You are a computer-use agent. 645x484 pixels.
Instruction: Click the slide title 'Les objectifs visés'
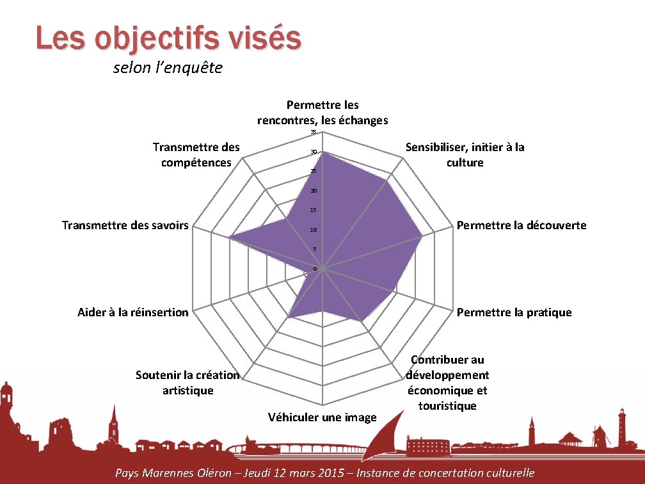point(168,38)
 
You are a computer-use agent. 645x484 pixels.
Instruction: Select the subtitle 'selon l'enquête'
point(168,68)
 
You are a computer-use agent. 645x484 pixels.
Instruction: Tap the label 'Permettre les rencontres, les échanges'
point(322,113)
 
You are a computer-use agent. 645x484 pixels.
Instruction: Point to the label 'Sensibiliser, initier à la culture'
point(465,155)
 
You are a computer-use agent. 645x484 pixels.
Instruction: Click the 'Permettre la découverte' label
point(522,225)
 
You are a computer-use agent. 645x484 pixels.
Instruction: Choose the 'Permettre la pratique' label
point(514,312)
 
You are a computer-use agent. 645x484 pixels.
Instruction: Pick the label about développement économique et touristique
point(448,383)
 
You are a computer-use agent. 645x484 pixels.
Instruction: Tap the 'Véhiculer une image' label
point(322,417)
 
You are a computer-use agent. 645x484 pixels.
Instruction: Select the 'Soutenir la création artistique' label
point(187,383)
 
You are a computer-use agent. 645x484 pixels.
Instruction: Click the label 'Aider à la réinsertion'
point(133,312)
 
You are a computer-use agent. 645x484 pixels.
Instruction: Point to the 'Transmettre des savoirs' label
point(125,225)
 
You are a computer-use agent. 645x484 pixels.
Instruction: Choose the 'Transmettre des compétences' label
point(196,155)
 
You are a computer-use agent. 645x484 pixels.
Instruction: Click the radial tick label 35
point(314,133)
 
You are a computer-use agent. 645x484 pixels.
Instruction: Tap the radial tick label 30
point(314,152)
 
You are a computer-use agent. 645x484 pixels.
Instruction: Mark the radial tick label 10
point(314,230)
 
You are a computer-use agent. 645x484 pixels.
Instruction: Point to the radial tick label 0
point(315,269)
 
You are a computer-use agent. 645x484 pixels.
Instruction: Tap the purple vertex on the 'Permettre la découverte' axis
point(422,236)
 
